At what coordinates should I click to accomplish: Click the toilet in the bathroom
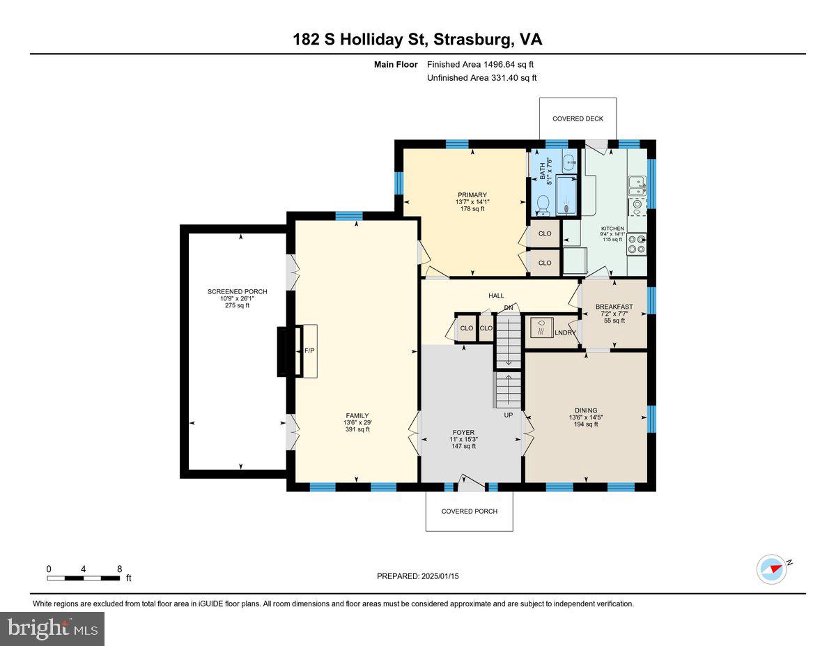point(543,205)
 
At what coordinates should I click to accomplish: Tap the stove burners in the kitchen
point(636,245)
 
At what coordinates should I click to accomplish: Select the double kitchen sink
point(637,186)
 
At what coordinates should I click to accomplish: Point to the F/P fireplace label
point(309,351)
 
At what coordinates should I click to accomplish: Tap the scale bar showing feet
point(84,578)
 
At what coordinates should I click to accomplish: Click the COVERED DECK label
point(578,119)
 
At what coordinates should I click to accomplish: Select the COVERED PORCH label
point(469,512)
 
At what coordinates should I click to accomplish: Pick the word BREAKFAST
point(614,307)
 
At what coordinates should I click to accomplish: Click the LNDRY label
point(565,333)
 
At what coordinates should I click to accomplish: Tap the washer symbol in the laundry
point(541,328)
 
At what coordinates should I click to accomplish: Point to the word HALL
point(496,296)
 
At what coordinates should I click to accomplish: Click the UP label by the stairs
point(508,415)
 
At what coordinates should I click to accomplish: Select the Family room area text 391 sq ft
point(357,429)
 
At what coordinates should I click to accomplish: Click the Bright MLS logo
point(52,629)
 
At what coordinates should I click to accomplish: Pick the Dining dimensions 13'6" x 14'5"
point(586,417)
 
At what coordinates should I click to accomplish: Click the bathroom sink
point(568,163)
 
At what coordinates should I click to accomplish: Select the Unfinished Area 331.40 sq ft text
point(481,78)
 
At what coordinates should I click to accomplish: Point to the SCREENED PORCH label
point(237,292)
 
